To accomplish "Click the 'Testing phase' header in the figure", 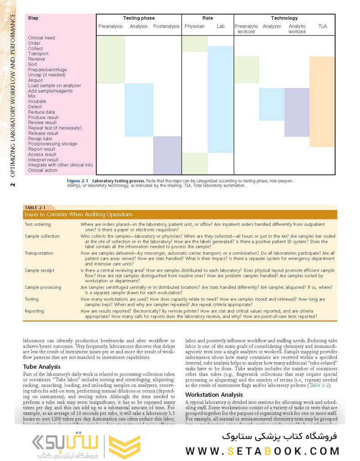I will [139, 18].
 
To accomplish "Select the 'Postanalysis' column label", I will [166, 26].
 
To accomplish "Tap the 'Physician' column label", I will [194, 26].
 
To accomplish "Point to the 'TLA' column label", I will [322, 26].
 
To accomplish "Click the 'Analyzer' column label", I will [271, 26].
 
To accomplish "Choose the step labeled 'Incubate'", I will [37, 101].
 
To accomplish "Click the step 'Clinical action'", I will [42, 170].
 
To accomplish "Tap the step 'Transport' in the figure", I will [38, 53].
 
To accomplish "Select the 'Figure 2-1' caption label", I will [78, 181].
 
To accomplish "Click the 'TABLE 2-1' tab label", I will [35, 207].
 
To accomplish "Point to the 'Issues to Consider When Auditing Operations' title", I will [78, 215].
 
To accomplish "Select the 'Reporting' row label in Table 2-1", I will [35, 311].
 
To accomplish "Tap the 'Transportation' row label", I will [39, 253].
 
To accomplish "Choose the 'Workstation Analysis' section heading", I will [214, 394].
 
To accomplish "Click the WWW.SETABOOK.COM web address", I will [262, 451].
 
